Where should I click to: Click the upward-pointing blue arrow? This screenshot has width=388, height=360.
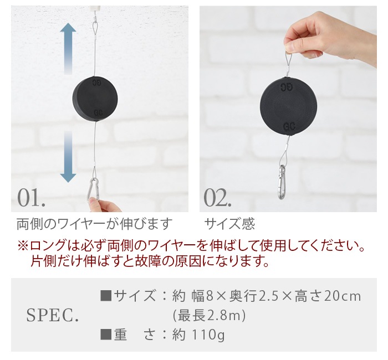[x=68, y=49]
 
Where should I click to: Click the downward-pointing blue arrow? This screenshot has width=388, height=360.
[x=68, y=157]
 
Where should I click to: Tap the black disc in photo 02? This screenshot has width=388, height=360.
[x=289, y=106]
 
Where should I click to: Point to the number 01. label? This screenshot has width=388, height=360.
[x=32, y=198]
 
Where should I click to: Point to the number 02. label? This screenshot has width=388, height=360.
[x=217, y=198]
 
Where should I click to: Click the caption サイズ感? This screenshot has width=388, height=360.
[x=229, y=224]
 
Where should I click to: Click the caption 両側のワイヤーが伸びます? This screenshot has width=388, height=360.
[x=94, y=224]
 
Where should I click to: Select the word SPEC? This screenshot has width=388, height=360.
[x=53, y=315]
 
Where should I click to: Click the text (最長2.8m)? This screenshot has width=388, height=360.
[x=209, y=316]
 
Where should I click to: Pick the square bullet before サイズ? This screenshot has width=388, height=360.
[x=106, y=296]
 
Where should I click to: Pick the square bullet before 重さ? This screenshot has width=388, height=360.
[x=106, y=335]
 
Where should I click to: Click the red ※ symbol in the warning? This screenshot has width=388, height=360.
[x=23, y=246]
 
